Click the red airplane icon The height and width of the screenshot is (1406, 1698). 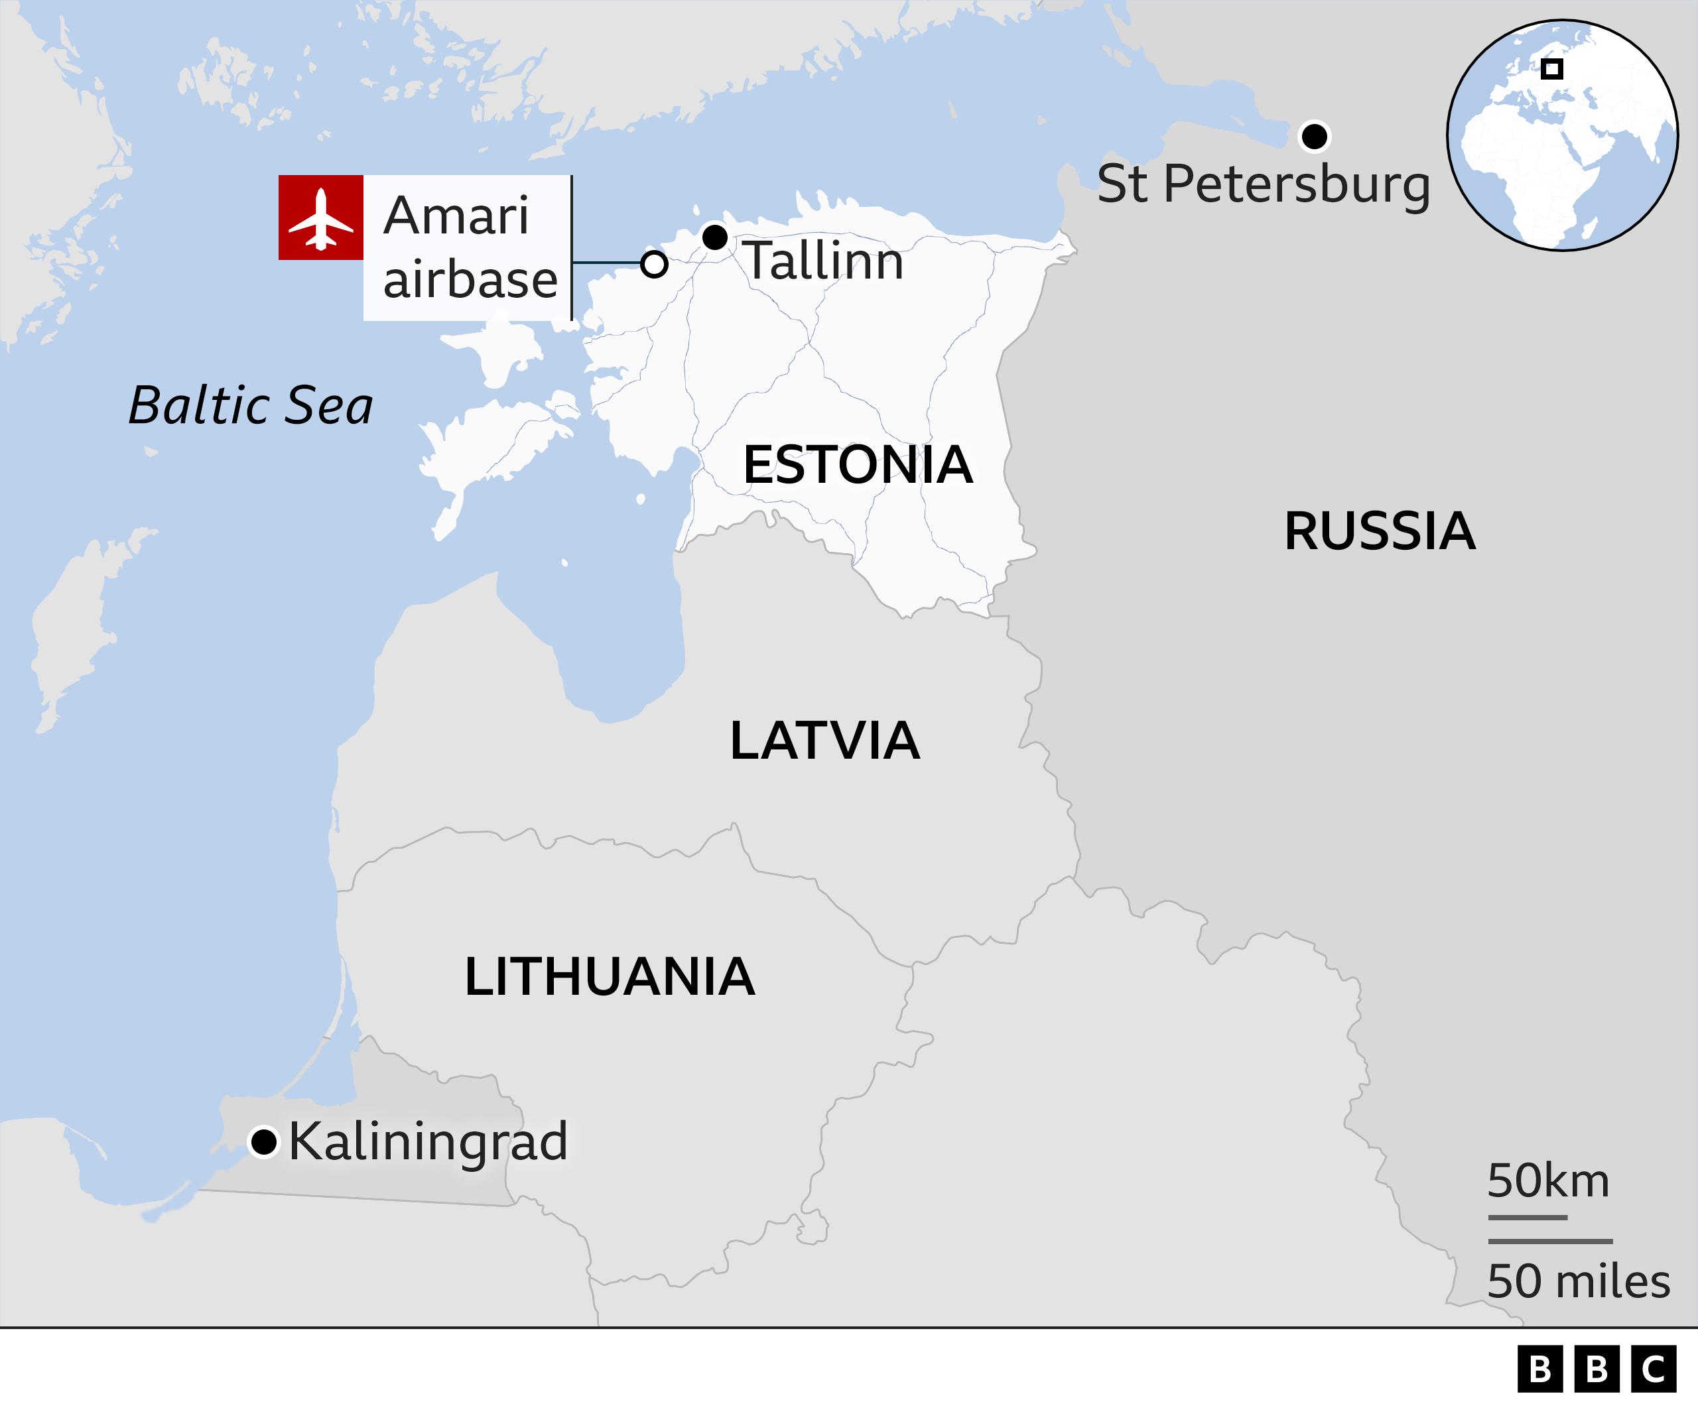(x=321, y=218)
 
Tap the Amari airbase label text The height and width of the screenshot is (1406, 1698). (x=469, y=247)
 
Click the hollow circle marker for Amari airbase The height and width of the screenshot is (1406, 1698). (x=654, y=263)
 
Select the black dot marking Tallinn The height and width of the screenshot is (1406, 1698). (x=715, y=237)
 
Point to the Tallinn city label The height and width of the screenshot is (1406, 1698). (x=823, y=261)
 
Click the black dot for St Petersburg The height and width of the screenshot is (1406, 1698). (x=1315, y=136)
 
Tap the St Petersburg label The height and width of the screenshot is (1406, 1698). (x=1263, y=185)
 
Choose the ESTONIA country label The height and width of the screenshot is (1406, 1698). (x=858, y=466)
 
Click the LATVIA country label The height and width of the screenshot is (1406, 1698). (x=824, y=741)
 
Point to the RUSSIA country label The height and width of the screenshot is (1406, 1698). (x=1380, y=532)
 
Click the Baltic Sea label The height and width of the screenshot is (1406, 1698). (x=251, y=405)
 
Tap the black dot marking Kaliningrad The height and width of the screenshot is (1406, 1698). (x=263, y=1141)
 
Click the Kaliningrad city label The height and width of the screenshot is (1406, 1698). (x=428, y=1141)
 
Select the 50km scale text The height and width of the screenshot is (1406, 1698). (x=1548, y=1181)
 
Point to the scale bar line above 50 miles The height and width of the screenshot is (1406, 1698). (x=1550, y=1241)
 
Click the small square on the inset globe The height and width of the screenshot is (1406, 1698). (x=1551, y=69)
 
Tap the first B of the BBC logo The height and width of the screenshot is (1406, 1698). (x=1540, y=1370)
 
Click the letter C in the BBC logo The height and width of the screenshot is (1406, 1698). (x=1653, y=1370)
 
